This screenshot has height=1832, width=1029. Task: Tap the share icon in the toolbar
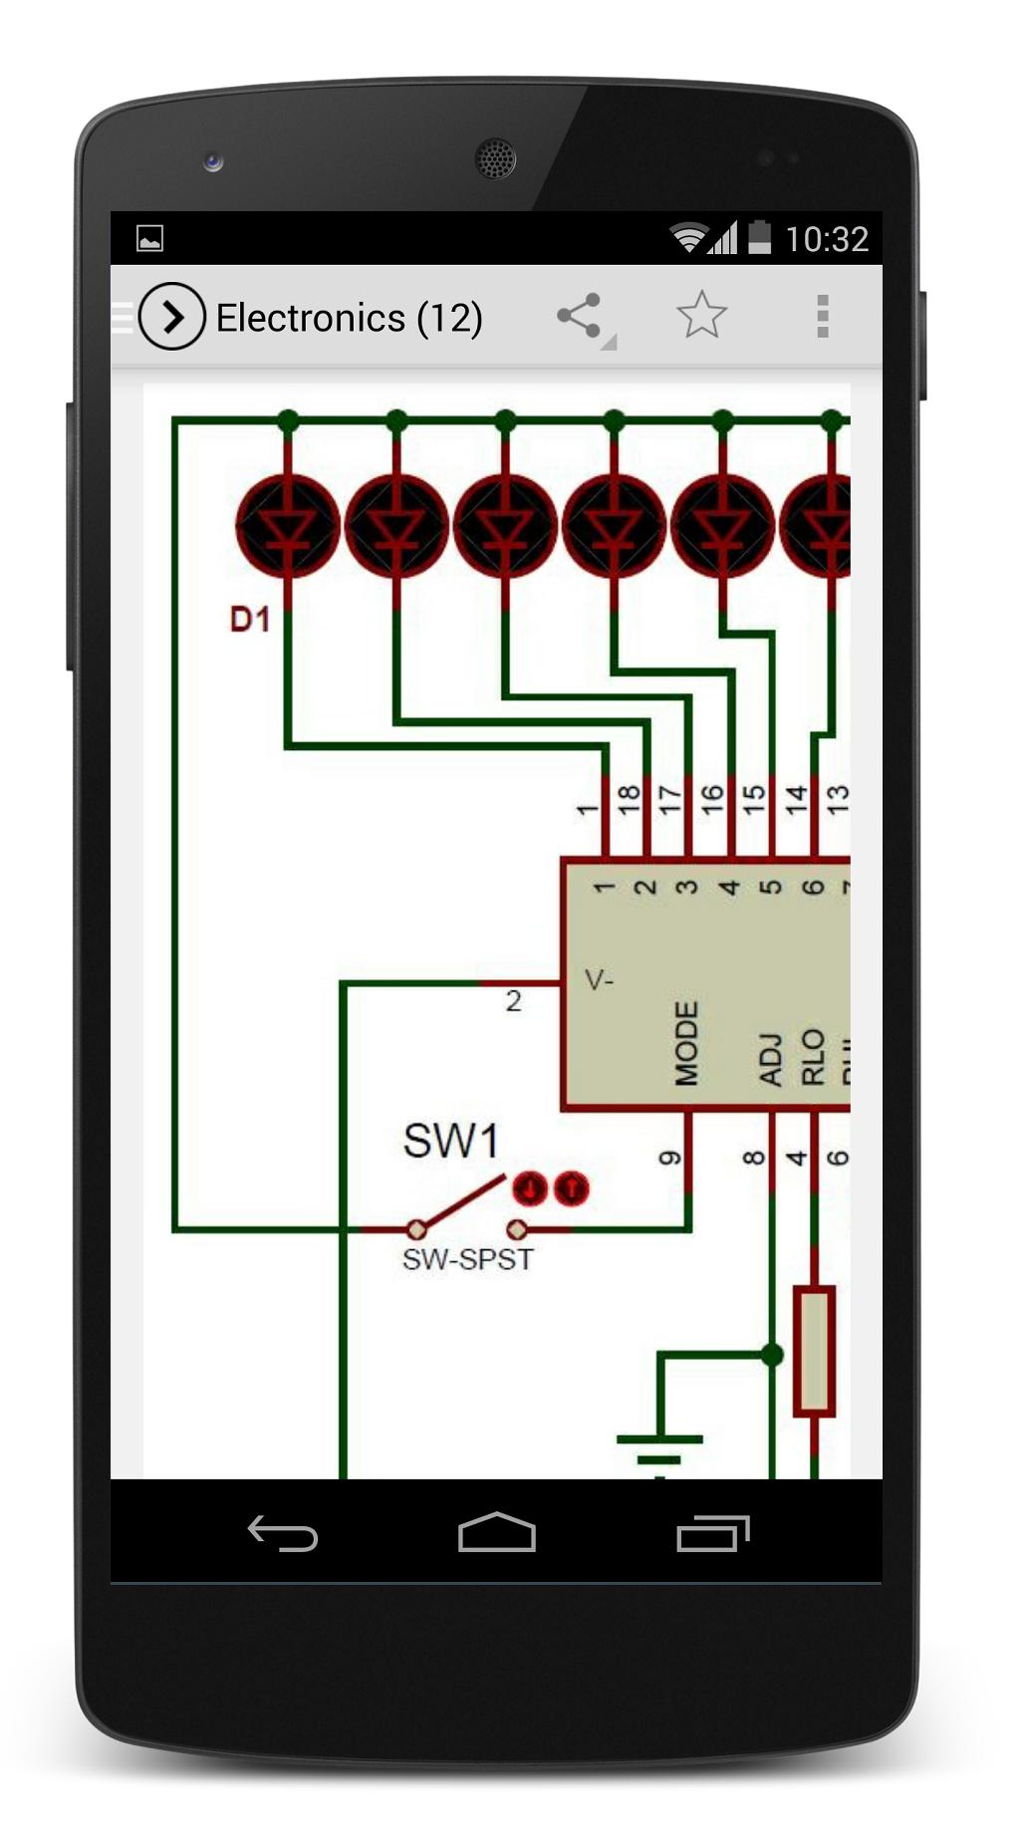point(581,317)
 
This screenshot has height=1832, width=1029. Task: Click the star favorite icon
point(701,316)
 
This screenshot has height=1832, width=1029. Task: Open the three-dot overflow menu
point(822,317)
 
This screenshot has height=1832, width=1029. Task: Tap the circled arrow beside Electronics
point(172,317)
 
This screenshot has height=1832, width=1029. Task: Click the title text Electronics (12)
point(349,318)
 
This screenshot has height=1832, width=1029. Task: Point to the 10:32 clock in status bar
point(826,239)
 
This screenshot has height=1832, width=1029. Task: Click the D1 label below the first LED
point(250,620)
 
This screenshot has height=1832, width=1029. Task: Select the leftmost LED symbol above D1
point(288,526)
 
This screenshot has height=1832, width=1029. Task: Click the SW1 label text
point(450,1142)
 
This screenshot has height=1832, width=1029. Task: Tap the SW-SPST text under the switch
point(467,1259)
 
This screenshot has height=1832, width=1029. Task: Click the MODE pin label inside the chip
point(686,1043)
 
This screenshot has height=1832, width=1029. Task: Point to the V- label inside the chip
point(600,981)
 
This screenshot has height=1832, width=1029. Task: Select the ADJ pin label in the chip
point(770,1058)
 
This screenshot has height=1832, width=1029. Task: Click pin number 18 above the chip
point(628,799)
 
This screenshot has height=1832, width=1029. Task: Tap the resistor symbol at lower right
point(814,1351)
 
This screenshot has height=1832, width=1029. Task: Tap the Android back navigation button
point(283,1534)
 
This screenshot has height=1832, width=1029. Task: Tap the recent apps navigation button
point(712,1534)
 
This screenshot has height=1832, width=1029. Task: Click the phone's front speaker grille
point(495,158)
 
